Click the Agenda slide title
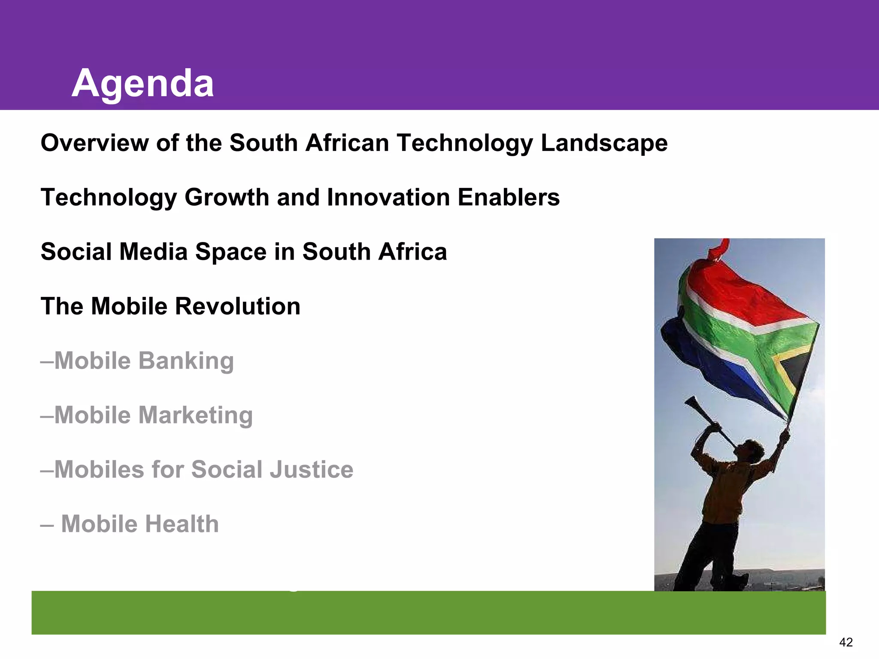[x=142, y=84]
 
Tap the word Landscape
[x=604, y=144]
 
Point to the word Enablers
[x=509, y=198]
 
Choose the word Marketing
[x=196, y=416]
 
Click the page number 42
[x=846, y=642]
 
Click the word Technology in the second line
[x=109, y=198]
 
